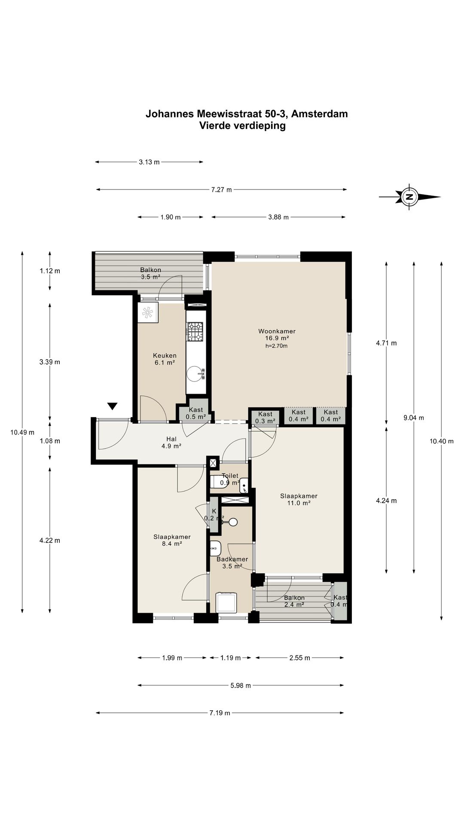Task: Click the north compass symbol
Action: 410,197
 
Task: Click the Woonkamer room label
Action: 277,331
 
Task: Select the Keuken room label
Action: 165,356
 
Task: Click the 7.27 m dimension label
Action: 221,189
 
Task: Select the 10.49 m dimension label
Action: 22,432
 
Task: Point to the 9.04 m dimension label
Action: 414,418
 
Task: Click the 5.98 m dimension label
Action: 241,685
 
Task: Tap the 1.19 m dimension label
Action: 230,658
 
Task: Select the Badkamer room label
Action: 232,559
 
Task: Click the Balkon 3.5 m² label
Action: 150,273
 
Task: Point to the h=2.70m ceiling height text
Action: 276,346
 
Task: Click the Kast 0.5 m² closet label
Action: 196,413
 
